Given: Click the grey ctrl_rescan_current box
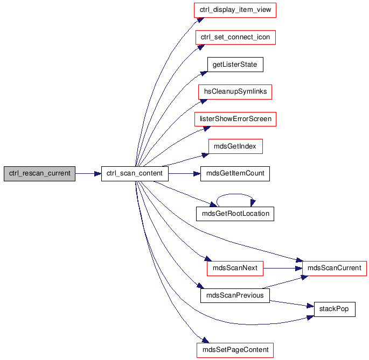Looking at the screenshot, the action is point(39,174).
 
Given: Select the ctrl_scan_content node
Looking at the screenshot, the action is point(135,174).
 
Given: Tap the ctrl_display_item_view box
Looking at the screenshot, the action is point(235,10).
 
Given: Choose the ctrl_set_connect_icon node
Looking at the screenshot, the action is point(235,37).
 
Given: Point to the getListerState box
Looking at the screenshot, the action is point(235,65).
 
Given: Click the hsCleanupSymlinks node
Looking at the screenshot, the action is point(235,92).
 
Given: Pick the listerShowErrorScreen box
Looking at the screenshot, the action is point(235,119).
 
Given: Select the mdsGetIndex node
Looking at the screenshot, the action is point(235,146).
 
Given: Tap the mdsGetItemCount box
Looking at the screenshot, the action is point(235,174).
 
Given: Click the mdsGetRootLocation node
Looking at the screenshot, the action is point(235,214).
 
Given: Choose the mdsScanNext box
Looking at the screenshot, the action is point(235,269).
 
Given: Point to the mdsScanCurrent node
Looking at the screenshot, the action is point(335,269).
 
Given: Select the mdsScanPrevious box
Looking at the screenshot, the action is point(235,295).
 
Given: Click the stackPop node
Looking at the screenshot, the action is point(335,309).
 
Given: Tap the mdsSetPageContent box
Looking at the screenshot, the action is point(235,350).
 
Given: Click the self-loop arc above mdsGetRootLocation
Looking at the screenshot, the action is point(235,194).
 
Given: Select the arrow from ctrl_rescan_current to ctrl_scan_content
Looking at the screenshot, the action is point(88,174).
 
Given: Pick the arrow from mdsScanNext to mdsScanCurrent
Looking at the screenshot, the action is point(283,269).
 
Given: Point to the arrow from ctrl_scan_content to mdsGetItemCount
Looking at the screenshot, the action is point(184,174).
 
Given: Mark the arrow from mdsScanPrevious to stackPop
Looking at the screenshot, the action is point(292,303).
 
